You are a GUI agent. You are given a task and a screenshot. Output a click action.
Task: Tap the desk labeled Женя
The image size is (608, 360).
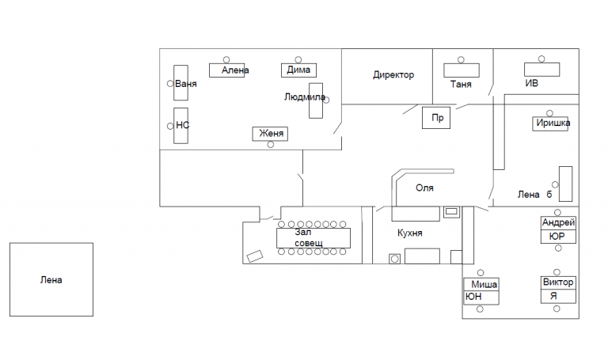pyautogui.click(x=270, y=134)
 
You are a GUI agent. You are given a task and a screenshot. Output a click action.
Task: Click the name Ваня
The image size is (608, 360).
pyautogui.click(x=186, y=83)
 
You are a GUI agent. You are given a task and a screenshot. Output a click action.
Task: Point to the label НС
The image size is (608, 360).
pyautogui.click(x=183, y=125)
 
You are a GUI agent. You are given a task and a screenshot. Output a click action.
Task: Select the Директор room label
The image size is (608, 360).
pyautogui.click(x=393, y=75)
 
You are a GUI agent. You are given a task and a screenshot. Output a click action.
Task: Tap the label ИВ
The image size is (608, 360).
pyautogui.click(x=532, y=83)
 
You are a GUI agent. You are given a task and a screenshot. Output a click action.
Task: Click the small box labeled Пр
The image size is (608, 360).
pyautogui.click(x=435, y=118)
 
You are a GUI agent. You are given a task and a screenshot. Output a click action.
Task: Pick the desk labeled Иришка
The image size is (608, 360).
pyautogui.click(x=552, y=123)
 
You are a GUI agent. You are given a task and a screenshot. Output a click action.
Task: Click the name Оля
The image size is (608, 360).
pyautogui.click(x=425, y=188)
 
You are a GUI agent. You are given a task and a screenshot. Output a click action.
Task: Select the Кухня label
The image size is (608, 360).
pyautogui.click(x=409, y=233)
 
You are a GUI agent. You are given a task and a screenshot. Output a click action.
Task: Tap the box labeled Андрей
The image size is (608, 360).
pyautogui.click(x=557, y=222)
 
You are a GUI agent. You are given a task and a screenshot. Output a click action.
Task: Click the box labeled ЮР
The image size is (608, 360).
pyautogui.click(x=557, y=237)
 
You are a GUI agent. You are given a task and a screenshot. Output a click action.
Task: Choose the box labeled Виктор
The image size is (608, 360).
pyautogui.click(x=558, y=282)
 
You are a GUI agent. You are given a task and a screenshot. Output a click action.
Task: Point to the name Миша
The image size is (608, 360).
pyautogui.click(x=484, y=284)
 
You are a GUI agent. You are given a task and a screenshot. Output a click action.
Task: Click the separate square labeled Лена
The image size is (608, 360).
pyautogui.click(x=51, y=279)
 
